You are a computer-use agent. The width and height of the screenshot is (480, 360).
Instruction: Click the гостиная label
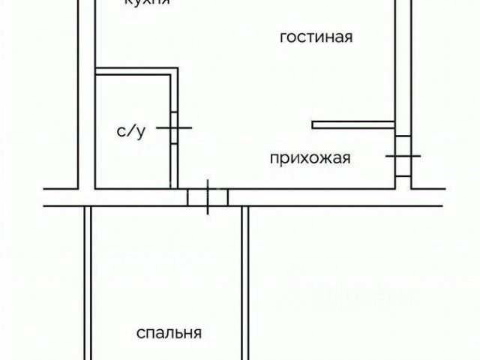[316, 37]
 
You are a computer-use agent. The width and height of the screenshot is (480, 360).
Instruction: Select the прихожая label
[310, 158]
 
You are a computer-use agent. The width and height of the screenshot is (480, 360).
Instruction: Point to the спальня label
[169, 332]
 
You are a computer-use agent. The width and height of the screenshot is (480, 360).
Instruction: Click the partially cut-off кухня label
[147, 3]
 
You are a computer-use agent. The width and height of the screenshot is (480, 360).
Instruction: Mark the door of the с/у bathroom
[174, 128]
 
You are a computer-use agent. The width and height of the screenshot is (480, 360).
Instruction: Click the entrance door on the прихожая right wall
[403, 156]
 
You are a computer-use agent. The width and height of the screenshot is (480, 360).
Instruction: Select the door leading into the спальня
[207, 197]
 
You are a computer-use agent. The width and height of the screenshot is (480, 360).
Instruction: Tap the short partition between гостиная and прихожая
[353, 124]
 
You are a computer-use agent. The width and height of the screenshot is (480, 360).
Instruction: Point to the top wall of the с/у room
[136, 72]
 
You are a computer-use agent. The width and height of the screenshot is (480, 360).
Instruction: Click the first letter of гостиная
[283, 38]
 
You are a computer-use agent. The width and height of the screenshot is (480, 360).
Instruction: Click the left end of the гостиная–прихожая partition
[314, 124]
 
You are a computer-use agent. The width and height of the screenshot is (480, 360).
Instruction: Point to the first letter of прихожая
[274, 159]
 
